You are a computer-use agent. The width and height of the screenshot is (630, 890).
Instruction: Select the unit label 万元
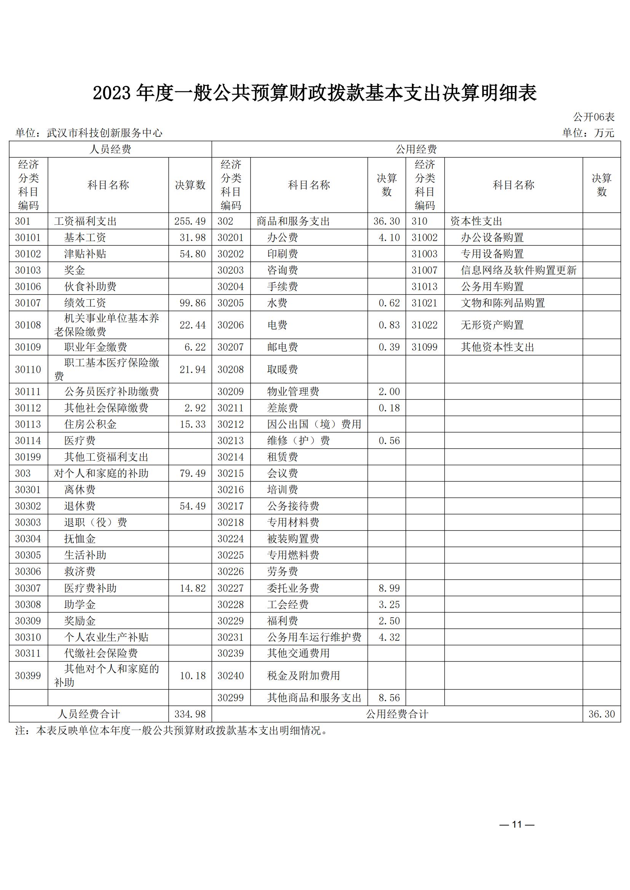tap(604, 133)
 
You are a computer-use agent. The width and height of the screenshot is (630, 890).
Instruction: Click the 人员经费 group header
tap(110, 149)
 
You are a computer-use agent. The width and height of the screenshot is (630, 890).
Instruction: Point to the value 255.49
tap(190, 221)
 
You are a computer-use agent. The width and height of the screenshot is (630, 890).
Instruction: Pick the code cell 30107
tap(28, 303)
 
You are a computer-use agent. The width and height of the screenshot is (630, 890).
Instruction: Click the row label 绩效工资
tap(85, 303)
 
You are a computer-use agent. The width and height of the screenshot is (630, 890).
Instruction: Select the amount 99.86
tap(192, 303)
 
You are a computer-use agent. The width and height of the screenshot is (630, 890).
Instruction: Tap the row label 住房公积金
tap(90, 424)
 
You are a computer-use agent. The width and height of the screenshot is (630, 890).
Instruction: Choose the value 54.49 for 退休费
tap(192, 506)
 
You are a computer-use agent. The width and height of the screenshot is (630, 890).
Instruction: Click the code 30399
tap(28, 675)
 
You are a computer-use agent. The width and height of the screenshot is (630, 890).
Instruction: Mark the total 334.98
tap(190, 714)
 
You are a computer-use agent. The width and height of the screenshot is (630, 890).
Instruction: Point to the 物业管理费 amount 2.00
tap(389, 391)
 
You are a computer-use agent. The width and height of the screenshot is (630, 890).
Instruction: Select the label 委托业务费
tap(293, 588)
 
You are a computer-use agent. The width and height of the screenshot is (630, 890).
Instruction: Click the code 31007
tap(424, 270)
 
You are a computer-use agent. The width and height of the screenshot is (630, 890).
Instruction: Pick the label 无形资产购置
tap(492, 325)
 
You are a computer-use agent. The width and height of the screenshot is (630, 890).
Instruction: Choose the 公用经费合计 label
tap(397, 714)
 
